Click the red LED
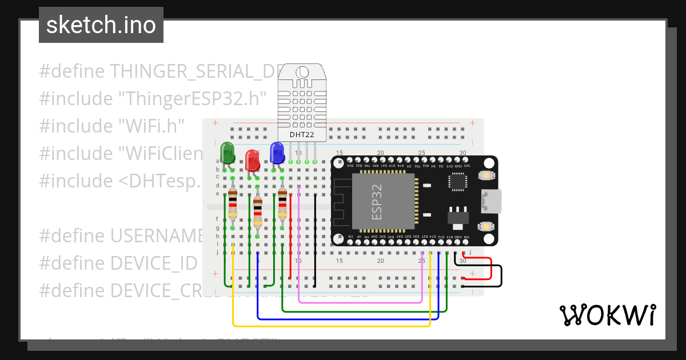252,159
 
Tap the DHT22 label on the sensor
301,135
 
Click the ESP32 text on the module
377,202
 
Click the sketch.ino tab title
101,25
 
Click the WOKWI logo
607,315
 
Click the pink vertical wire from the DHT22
300,240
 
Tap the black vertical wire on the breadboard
315,240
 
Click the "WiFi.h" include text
151,126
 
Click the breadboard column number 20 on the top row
380,153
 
